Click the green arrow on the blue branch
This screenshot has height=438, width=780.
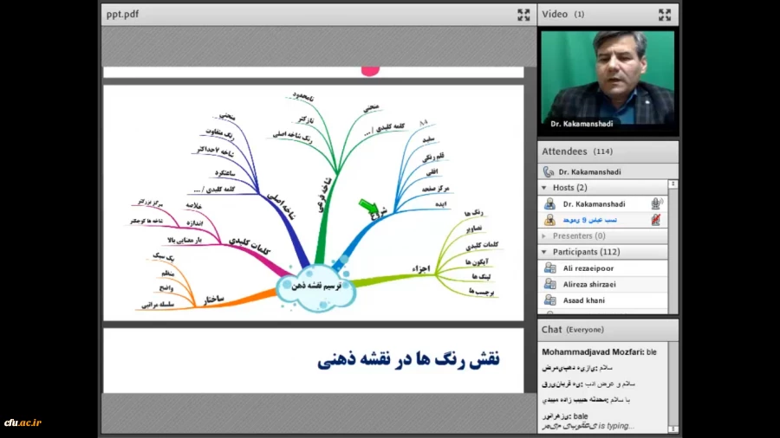367,206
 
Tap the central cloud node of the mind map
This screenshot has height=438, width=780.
315,285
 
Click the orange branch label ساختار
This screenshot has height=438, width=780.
214,299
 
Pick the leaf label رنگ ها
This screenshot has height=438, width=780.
473,212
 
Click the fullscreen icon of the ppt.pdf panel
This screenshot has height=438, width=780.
523,15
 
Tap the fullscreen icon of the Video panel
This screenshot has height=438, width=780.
665,15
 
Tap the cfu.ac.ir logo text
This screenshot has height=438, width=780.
23,423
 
